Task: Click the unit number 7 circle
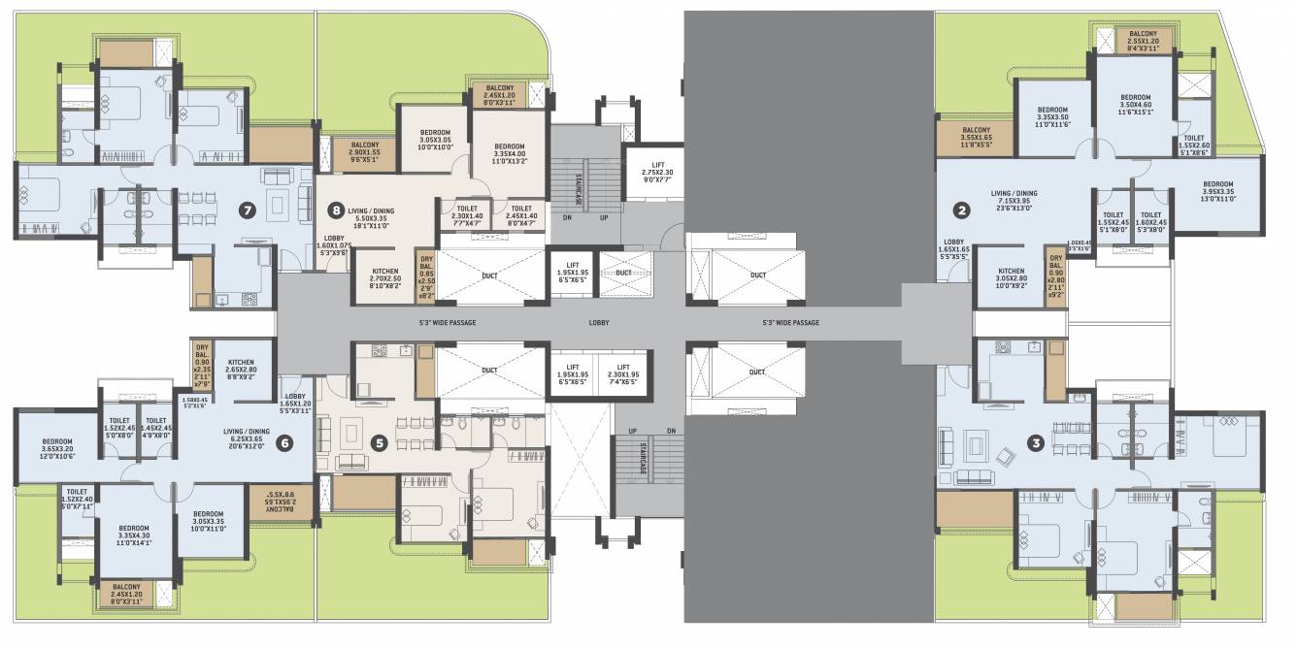(x=249, y=207)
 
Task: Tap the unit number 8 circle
(x=336, y=207)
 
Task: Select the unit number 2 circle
(x=961, y=209)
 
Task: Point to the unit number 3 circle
(x=1037, y=444)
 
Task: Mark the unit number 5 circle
(x=380, y=442)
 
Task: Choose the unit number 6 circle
(x=284, y=443)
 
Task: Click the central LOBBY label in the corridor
(x=598, y=322)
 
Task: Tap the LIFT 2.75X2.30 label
(x=657, y=173)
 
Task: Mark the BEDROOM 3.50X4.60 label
(x=1135, y=105)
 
